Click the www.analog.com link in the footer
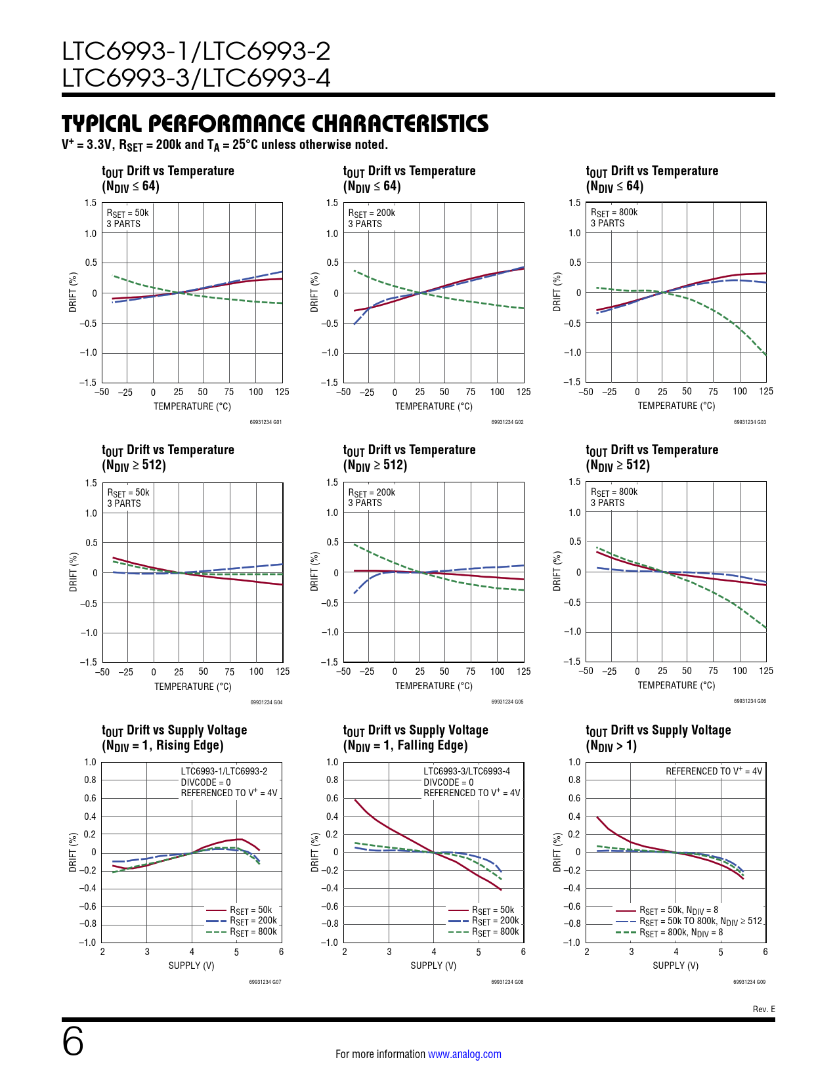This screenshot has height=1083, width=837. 464,1054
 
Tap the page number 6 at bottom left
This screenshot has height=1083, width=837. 73,1042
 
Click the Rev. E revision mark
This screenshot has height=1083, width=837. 763,1009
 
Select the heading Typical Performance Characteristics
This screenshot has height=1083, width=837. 275,123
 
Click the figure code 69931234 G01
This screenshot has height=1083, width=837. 266,422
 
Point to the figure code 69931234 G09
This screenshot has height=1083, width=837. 749,982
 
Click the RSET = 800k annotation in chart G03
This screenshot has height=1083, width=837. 614,212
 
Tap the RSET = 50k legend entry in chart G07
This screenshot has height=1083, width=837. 250,910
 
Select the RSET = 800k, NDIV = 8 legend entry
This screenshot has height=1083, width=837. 681,932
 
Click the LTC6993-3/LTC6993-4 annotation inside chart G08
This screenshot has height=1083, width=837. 467,771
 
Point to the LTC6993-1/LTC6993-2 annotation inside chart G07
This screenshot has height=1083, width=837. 224,771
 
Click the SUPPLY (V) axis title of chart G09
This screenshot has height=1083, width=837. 676,966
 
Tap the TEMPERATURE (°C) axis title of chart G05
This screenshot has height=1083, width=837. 434,686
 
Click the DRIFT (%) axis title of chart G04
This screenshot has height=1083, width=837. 74,572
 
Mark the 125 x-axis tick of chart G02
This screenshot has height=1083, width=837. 523,392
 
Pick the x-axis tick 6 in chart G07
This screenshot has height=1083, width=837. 281,952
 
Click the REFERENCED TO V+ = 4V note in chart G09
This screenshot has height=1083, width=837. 714,771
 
